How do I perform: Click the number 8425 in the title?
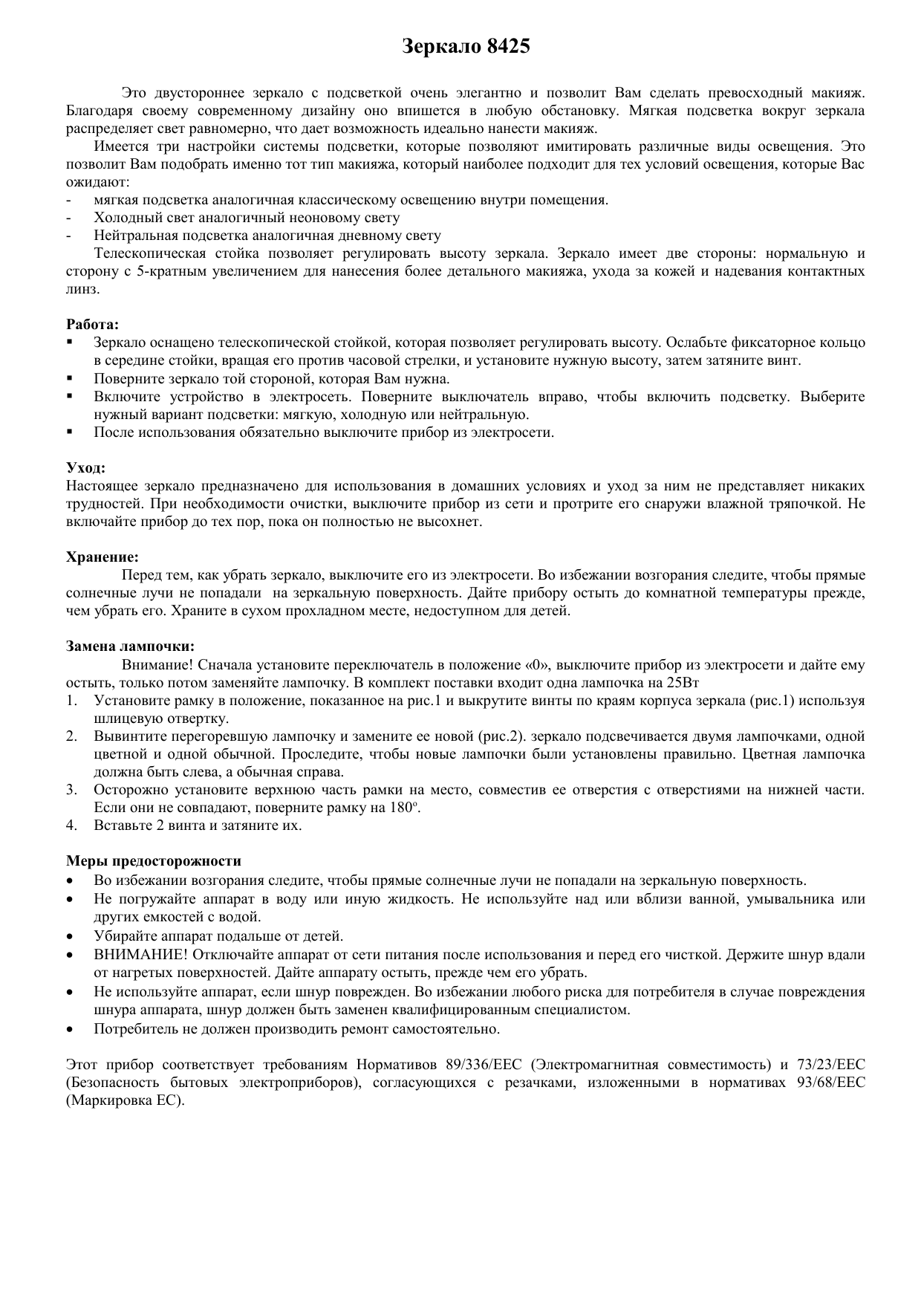click(509, 47)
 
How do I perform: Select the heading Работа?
click(92, 325)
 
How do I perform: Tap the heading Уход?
click(85, 468)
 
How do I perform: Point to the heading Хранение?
click(102, 557)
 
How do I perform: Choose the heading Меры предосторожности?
click(154, 861)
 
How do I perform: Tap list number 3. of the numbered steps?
click(71, 790)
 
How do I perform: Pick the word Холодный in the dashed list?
click(124, 218)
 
